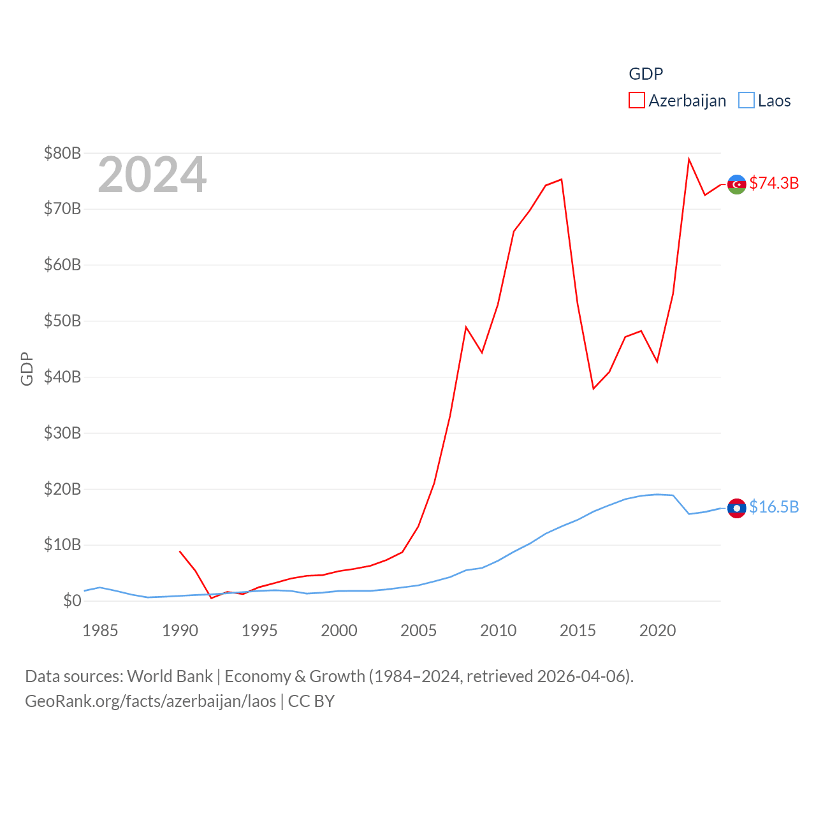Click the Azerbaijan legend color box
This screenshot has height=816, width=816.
click(636, 101)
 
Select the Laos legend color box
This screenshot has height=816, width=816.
click(746, 101)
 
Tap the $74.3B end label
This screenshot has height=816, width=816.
click(774, 183)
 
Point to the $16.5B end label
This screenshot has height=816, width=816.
click(774, 507)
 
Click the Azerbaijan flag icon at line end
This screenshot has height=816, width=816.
click(737, 184)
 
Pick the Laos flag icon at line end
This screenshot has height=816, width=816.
click(737, 508)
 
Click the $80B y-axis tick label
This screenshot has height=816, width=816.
click(62, 153)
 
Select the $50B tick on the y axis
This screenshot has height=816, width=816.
click(62, 321)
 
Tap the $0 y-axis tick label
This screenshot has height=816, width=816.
click(72, 601)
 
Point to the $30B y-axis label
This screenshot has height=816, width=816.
click(62, 433)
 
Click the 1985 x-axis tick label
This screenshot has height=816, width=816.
click(100, 630)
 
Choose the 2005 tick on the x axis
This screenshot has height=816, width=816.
click(418, 630)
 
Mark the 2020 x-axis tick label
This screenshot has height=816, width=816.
click(657, 630)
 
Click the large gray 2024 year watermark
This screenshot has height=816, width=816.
click(152, 175)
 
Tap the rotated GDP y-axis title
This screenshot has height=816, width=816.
click(27, 368)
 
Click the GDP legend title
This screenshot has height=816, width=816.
click(646, 74)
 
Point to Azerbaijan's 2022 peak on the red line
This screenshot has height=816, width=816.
click(689, 159)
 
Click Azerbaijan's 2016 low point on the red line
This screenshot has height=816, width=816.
click(594, 388)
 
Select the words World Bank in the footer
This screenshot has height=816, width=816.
click(170, 676)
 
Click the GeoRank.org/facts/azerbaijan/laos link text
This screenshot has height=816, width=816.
click(150, 701)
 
